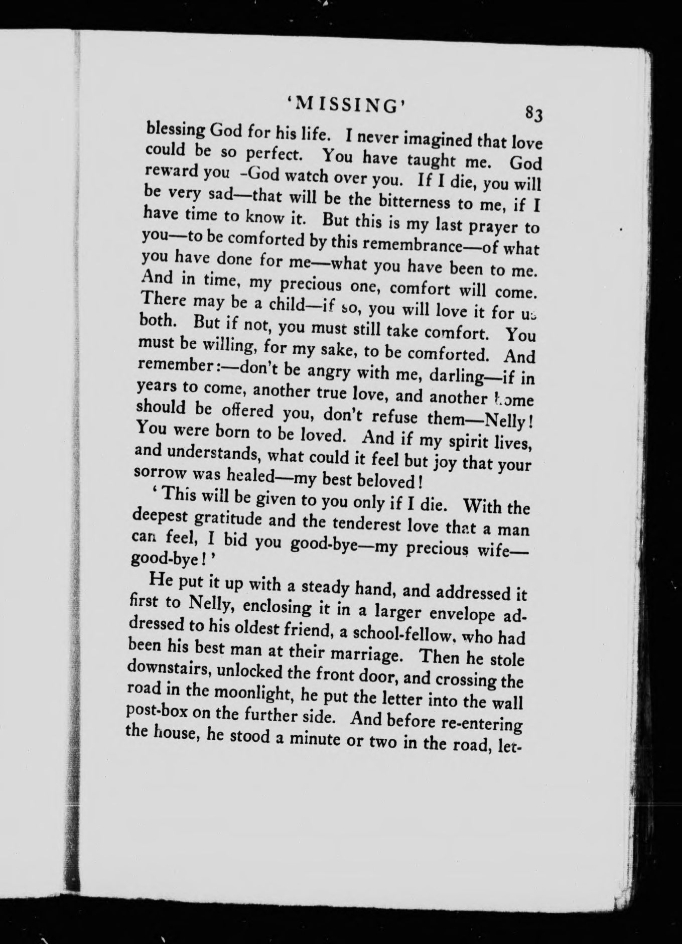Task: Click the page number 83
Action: [x=532, y=115]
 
